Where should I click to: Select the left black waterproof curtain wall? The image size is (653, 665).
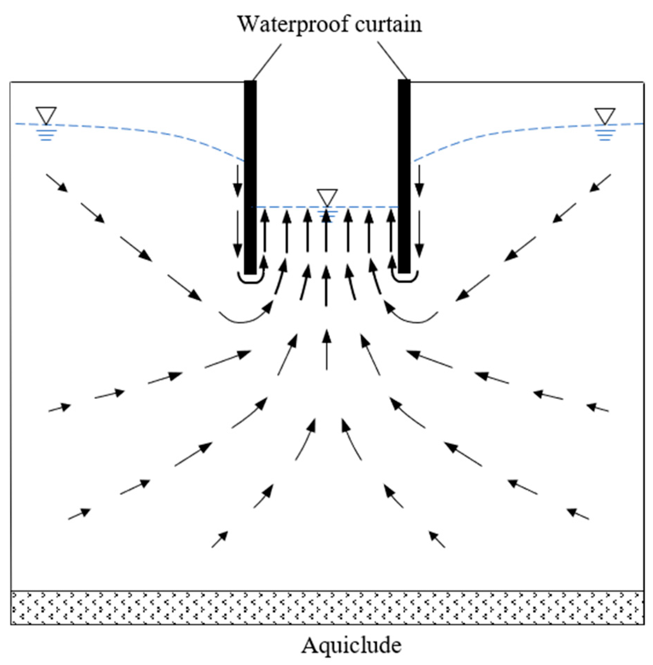[x=250, y=178]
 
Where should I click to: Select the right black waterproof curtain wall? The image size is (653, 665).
[x=404, y=178]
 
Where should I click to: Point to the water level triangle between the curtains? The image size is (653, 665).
[x=327, y=196]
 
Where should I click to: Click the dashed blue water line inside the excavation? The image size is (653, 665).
[x=289, y=207]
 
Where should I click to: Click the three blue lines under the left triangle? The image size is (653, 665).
[x=46, y=135]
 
